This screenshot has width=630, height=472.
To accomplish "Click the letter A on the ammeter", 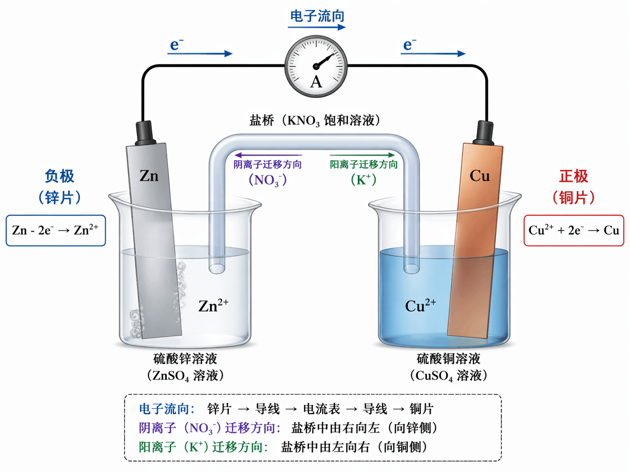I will click(316, 82).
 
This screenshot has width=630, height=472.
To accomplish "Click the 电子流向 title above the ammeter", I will click(317, 17).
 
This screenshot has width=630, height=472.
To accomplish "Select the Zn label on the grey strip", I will click(149, 176).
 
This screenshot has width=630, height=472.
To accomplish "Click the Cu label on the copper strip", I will click(479, 176).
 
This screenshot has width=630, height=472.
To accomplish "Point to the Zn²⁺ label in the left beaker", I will click(213, 306).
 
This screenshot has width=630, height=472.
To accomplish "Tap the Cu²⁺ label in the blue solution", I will click(420, 306).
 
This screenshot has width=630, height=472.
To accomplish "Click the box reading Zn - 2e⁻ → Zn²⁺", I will click(56, 230).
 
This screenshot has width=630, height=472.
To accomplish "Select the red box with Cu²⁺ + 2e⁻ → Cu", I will click(573, 230).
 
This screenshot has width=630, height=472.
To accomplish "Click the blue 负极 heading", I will click(60, 176).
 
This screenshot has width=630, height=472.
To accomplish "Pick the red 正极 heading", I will click(573, 176).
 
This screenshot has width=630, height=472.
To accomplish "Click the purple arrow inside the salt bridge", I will click(268, 155).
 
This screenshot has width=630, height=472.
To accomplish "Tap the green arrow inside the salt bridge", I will click(362, 155).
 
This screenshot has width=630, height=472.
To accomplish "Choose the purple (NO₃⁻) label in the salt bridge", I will click(268, 180).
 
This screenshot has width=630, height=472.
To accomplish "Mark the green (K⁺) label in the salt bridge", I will click(363, 179).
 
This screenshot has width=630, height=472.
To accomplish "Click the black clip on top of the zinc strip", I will click(145, 133).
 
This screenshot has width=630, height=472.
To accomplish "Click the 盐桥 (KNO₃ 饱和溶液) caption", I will click(315, 120).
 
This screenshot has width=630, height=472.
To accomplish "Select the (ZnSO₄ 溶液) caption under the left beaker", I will click(185, 376).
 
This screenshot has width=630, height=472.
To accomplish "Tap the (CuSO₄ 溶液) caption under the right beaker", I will click(449, 376).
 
